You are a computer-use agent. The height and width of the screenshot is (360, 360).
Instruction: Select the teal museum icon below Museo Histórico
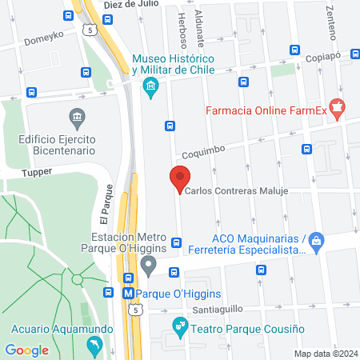150,90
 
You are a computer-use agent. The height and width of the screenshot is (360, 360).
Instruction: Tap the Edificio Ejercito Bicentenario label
57,144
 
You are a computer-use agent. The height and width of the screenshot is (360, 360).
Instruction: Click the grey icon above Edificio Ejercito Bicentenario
77,118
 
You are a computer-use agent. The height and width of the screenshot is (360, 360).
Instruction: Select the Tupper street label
37,171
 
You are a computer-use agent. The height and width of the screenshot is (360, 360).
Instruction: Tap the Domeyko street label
42,38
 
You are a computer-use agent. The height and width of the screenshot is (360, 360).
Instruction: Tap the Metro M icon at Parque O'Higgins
127,293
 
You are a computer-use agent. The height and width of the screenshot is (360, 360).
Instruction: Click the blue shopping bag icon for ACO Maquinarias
317,240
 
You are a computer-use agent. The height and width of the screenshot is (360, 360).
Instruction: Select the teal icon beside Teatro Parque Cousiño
179,326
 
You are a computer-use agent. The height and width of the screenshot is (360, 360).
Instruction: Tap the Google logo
27,350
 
